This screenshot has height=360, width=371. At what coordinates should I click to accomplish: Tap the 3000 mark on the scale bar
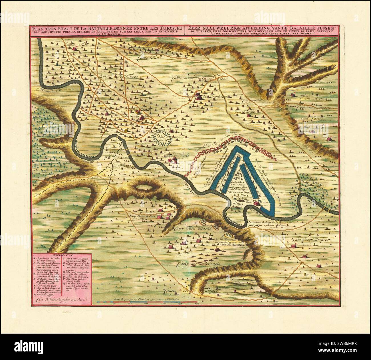coord(197,304)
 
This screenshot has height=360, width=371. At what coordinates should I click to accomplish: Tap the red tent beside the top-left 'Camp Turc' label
coord(75,49)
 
